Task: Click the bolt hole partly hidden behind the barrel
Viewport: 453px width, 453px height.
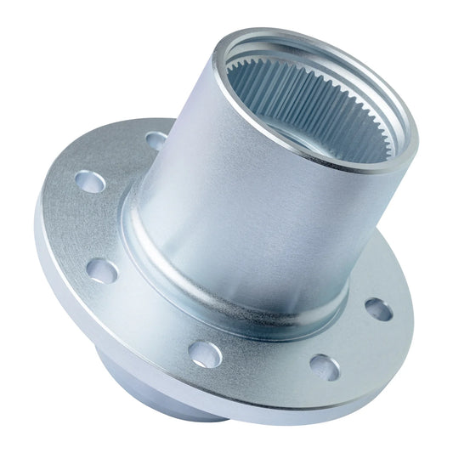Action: coord(156,139)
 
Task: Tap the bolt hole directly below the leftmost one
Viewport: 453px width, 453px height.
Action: coord(101,270)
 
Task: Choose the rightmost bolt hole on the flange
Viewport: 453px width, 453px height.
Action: coord(378,309)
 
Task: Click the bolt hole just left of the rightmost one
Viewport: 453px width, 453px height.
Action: coord(325,366)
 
